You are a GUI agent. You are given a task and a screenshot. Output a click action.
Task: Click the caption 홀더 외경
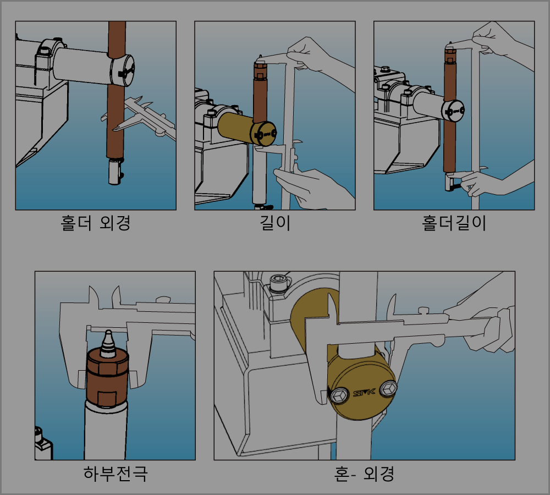(95, 223)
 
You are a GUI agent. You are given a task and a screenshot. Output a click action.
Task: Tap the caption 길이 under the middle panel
(275, 223)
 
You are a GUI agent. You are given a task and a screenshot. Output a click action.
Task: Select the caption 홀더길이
(454, 223)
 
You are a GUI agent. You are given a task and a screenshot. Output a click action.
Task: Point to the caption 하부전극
(116, 473)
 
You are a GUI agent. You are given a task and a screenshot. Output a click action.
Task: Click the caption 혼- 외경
(364, 473)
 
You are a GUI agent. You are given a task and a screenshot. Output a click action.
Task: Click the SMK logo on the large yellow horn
(364, 393)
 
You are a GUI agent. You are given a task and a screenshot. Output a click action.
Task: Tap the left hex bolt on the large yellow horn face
(338, 395)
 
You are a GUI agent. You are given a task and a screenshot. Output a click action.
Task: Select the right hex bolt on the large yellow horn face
(388, 389)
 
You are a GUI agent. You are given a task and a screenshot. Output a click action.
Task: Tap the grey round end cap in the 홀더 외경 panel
(123, 70)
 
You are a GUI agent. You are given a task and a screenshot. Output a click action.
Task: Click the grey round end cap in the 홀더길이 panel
(453, 111)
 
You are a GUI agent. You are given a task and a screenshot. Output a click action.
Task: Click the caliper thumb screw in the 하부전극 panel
(163, 299)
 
